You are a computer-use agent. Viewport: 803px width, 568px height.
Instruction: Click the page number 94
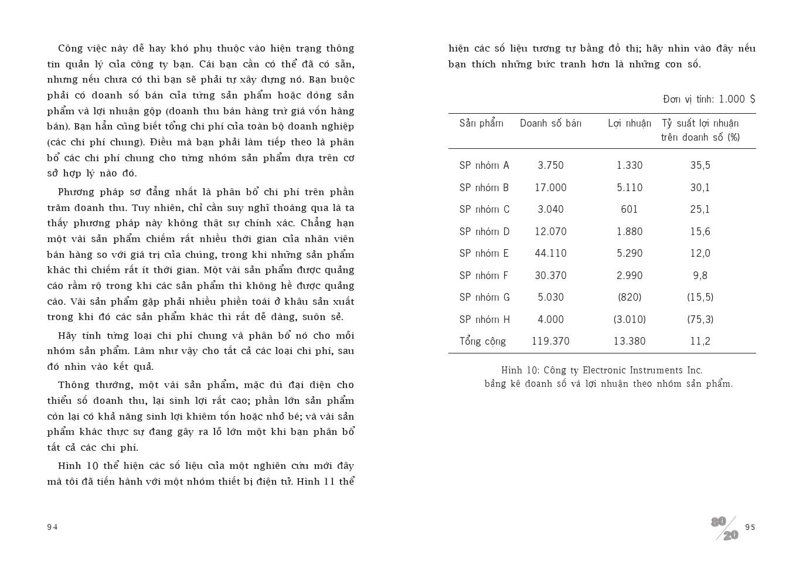point(53,527)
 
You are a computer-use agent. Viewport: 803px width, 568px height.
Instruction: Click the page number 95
point(750,527)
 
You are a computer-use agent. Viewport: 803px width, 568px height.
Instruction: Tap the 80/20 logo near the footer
point(725,528)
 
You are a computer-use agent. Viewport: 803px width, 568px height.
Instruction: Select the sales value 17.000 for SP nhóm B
point(550,188)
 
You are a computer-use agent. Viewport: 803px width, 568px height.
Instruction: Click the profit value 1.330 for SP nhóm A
point(630,165)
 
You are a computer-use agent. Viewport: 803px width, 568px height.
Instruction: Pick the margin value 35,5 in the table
point(700,165)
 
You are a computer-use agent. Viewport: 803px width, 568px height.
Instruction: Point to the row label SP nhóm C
point(484,209)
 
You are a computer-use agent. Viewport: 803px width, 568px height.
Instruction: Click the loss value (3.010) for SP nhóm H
point(630,319)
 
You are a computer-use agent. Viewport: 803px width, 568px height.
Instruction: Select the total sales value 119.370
point(550,341)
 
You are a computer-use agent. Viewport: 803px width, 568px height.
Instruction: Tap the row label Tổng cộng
point(482,341)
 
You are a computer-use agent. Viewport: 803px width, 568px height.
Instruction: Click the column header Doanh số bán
point(550,123)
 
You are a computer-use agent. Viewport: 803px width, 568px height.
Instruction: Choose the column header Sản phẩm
point(481,123)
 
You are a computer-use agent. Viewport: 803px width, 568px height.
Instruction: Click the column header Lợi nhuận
point(630,123)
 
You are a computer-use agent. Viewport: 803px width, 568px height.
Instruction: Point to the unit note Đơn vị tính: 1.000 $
point(709,99)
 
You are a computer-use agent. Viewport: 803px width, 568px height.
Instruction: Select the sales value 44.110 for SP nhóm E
point(550,253)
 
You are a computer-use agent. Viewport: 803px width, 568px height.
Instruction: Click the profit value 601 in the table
point(630,209)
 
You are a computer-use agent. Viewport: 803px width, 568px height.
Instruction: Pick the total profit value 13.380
point(630,341)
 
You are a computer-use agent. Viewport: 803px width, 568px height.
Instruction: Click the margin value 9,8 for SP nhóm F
point(700,276)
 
